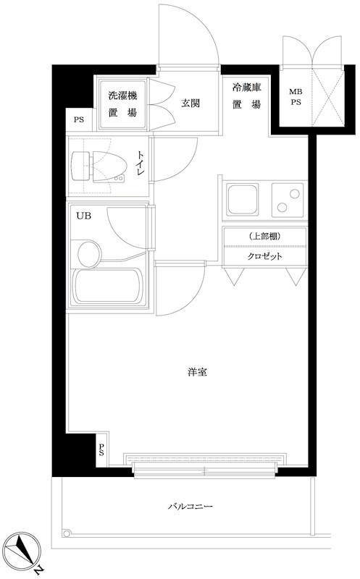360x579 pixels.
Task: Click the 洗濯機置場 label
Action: pyautogui.click(x=122, y=103)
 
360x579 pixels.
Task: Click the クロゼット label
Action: pyautogui.click(x=264, y=257)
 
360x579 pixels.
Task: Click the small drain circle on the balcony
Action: pyautogui.click(x=67, y=534)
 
